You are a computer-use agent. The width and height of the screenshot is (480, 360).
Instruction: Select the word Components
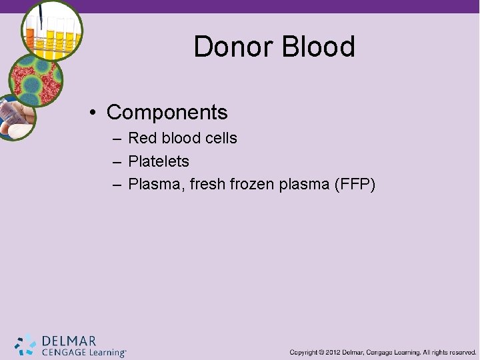click(x=167, y=112)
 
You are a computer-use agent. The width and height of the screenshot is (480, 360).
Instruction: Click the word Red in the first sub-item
click(x=141, y=139)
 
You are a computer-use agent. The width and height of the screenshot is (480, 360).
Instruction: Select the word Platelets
click(x=159, y=161)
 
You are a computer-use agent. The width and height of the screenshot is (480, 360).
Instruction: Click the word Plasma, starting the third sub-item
click(x=156, y=184)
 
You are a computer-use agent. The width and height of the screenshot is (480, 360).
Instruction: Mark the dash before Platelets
click(x=117, y=161)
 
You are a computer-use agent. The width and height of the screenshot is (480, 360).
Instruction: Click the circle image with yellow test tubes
click(x=51, y=30)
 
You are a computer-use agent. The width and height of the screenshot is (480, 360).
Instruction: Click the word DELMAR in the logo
click(x=69, y=341)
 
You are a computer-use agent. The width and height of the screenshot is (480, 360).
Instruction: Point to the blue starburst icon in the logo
click(x=26, y=344)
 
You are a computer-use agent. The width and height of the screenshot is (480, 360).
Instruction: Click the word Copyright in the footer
click(x=303, y=352)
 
